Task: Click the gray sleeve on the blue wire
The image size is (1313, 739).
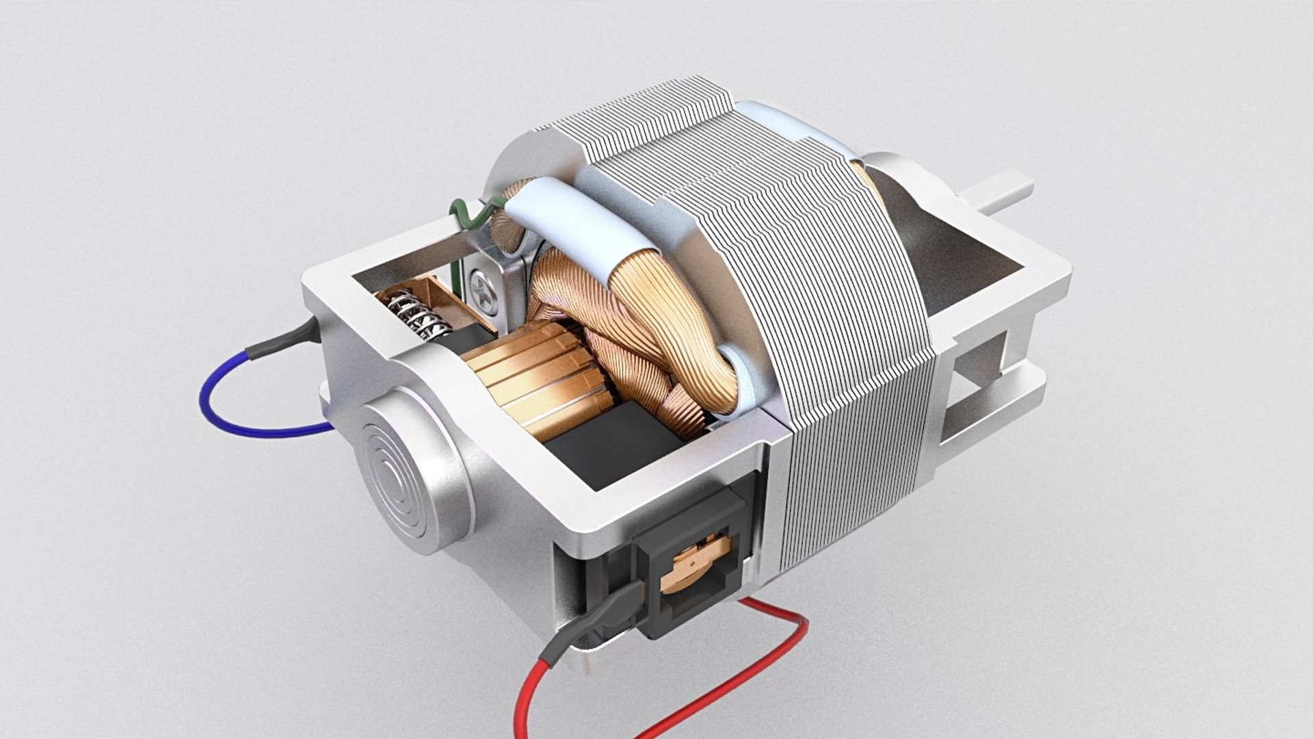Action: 280,341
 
